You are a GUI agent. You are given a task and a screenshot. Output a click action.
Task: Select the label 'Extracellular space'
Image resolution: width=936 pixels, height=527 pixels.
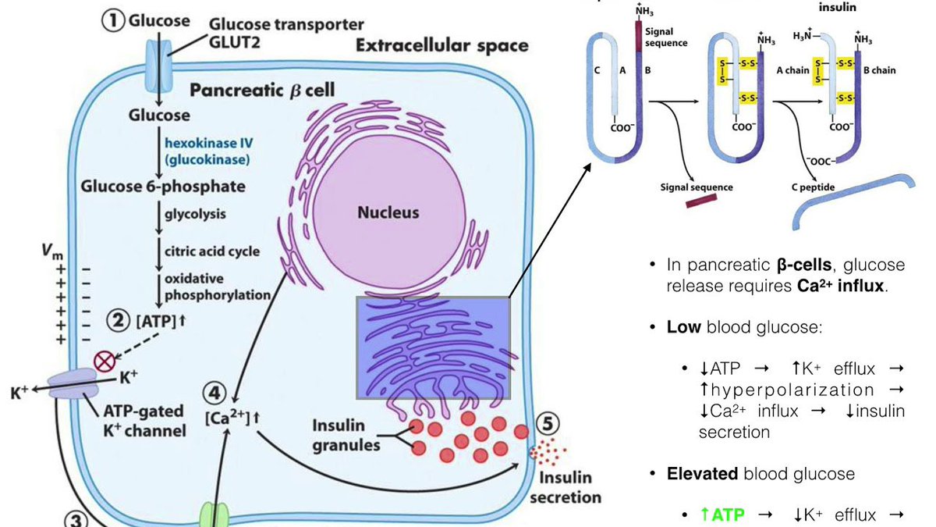[x=441, y=45]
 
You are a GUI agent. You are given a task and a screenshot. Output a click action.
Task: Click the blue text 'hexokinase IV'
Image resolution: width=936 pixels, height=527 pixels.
[x=200, y=142]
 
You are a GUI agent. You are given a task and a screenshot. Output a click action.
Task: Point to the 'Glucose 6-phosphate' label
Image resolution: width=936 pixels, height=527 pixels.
[x=163, y=186]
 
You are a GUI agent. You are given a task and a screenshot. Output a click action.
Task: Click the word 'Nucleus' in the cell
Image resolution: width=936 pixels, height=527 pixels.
[x=388, y=212]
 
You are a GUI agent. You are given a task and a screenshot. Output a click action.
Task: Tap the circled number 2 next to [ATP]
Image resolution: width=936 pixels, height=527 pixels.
[x=119, y=320]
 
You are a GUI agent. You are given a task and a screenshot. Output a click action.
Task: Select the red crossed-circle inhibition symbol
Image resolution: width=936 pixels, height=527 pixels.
[x=104, y=360]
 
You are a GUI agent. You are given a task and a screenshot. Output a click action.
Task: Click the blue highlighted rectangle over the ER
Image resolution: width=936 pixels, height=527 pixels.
[x=433, y=347]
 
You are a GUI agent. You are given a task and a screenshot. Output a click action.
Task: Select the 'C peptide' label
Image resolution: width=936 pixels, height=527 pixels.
[x=814, y=187]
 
